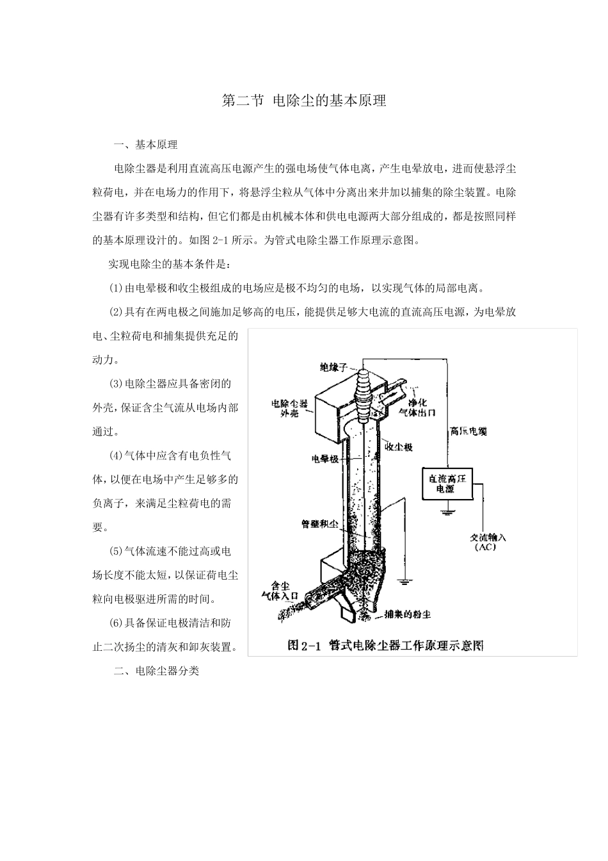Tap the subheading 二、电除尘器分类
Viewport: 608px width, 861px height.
pyautogui.click(x=156, y=671)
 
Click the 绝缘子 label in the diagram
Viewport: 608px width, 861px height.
pyautogui.click(x=333, y=367)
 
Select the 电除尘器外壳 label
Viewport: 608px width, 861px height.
pyautogui.click(x=290, y=408)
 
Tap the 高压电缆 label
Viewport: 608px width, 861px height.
pyautogui.click(x=468, y=432)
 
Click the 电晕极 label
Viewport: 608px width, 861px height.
pyautogui.click(x=324, y=459)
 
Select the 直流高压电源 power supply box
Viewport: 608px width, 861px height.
pyautogui.click(x=446, y=483)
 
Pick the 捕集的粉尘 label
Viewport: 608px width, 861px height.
pyautogui.click(x=407, y=614)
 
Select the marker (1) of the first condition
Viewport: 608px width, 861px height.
pyautogui.click(x=116, y=288)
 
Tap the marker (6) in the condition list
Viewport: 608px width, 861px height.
pyautogui.click(x=116, y=623)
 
